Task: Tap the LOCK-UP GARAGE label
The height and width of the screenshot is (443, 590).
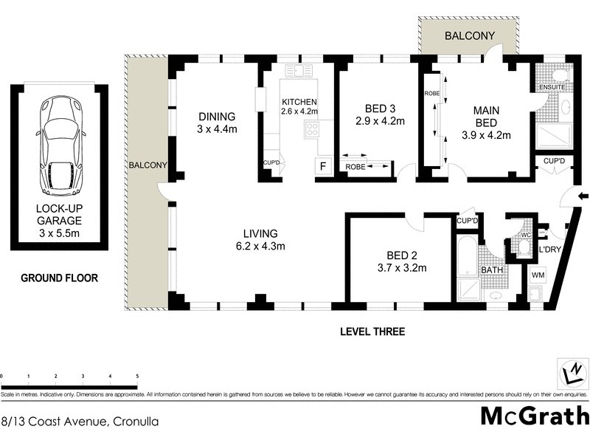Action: [x=59, y=220]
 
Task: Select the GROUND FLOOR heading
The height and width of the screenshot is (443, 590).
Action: [x=59, y=278]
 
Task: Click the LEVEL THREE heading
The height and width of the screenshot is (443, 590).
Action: [x=372, y=332]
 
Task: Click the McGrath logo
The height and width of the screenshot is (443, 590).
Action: [x=535, y=416]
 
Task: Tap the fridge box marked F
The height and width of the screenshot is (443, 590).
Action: [x=322, y=166]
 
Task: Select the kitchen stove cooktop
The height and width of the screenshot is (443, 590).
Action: [x=310, y=130]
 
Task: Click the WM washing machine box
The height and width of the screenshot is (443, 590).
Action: [x=538, y=275]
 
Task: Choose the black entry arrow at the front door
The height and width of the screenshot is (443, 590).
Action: [x=583, y=196]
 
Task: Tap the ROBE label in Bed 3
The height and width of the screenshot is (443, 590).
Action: [x=356, y=168]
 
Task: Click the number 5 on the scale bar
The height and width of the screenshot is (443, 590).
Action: [x=137, y=377]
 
